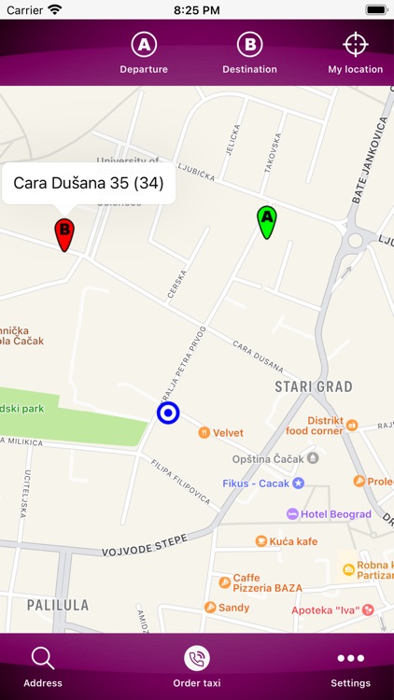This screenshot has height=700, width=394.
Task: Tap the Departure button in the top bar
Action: [144, 53]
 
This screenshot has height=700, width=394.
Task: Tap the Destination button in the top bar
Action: [249, 53]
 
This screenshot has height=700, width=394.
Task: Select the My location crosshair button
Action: [355, 53]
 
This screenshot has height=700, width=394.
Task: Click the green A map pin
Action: [267, 221]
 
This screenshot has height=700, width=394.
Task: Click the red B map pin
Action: [64, 233]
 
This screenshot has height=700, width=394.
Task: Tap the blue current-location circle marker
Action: [168, 413]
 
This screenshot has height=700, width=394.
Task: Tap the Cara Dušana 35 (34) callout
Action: [89, 183]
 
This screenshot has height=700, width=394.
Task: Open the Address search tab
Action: [43, 666]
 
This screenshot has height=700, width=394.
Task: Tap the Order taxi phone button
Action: [197, 666]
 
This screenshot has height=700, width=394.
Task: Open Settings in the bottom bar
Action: [351, 666]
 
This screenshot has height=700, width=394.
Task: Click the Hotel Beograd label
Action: [335, 514]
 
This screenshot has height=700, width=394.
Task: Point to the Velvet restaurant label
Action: [227, 433]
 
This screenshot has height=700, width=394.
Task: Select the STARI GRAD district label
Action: [313, 386]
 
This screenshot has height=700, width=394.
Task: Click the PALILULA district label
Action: [58, 605]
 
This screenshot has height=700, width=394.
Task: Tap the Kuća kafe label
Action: [293, 541]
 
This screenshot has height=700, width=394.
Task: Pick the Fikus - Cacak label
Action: [257, 483]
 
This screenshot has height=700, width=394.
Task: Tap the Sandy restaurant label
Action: [233, 608]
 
